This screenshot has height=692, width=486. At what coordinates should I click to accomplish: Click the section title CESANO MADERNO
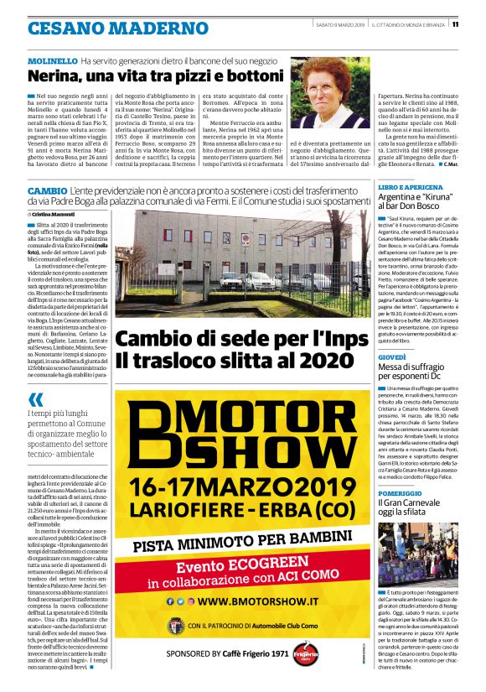(117, 27)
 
